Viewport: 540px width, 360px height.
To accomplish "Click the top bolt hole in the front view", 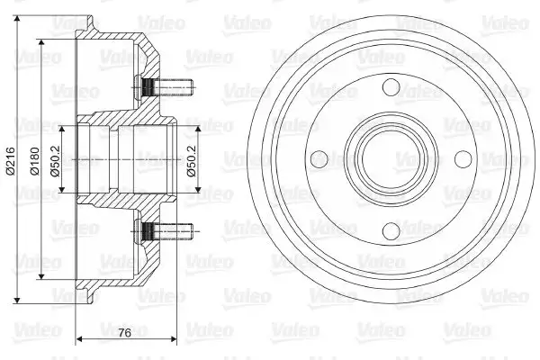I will point(389,88).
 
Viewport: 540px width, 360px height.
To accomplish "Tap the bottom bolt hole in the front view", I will point(389,231).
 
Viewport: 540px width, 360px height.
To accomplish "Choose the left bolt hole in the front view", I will point(317,159).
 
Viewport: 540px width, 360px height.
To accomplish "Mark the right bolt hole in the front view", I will point(462,159).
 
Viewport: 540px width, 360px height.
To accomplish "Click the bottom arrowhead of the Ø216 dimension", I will point(19,300).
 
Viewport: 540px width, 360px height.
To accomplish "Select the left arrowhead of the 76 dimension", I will point(77,340).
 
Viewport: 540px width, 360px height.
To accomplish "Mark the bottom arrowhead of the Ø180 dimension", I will point(41,277).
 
